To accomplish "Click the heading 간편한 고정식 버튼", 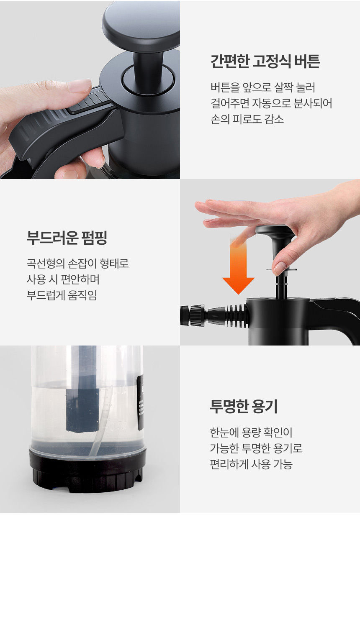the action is click(265, 61).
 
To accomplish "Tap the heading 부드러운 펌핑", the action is click(67, 238).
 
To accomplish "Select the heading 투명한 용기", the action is click(244, 406).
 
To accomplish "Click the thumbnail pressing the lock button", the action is click(79, 86).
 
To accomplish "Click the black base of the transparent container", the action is click(87, 469).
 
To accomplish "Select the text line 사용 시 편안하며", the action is click(63, 279).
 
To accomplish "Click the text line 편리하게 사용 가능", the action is click(251, 464).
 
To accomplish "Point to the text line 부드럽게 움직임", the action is click(62, 295).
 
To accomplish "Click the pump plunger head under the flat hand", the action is click(275, 230).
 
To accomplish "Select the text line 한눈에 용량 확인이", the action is click(251, 432).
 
